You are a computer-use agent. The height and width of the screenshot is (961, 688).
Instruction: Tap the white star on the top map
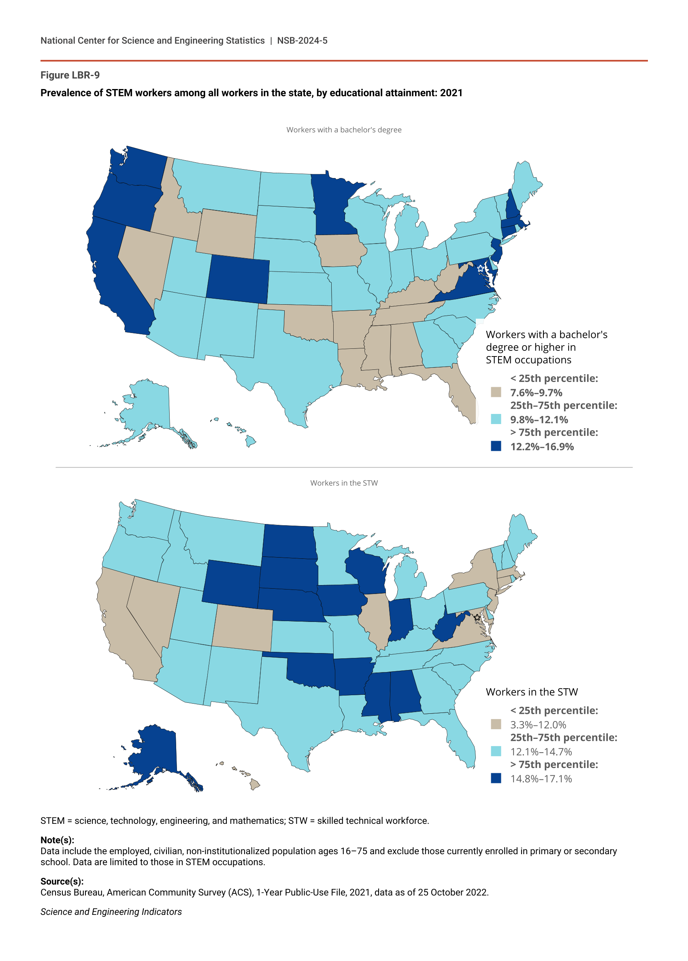pyautogui.click(x=480, y=268)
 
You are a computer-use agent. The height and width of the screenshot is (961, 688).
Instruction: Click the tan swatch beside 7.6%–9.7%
pyautogui.click(x=496, y=392)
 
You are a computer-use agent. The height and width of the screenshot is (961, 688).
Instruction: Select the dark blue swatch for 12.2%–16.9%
pyautogui.click(x=496, y=446)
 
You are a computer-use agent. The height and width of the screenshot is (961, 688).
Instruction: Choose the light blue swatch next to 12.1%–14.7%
pyautogui.click(x=496, y=751)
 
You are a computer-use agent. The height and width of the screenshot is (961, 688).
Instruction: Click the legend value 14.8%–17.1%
pyautogui.click(x=541, y=779)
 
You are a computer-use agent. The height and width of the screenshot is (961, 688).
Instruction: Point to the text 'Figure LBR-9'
pyautogui.click(x=70, y=75)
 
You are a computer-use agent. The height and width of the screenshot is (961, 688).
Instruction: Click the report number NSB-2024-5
pyautogui.click(x=302, y=40)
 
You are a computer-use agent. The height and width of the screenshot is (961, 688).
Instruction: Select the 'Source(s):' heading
pyautogui.click(x=62, y=881)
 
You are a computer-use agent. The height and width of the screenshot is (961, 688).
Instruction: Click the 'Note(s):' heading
pyautogui.click(x=57, y=840)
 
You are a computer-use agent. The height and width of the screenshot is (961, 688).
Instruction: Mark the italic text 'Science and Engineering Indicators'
pyautogui.click(x=111, y=912)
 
